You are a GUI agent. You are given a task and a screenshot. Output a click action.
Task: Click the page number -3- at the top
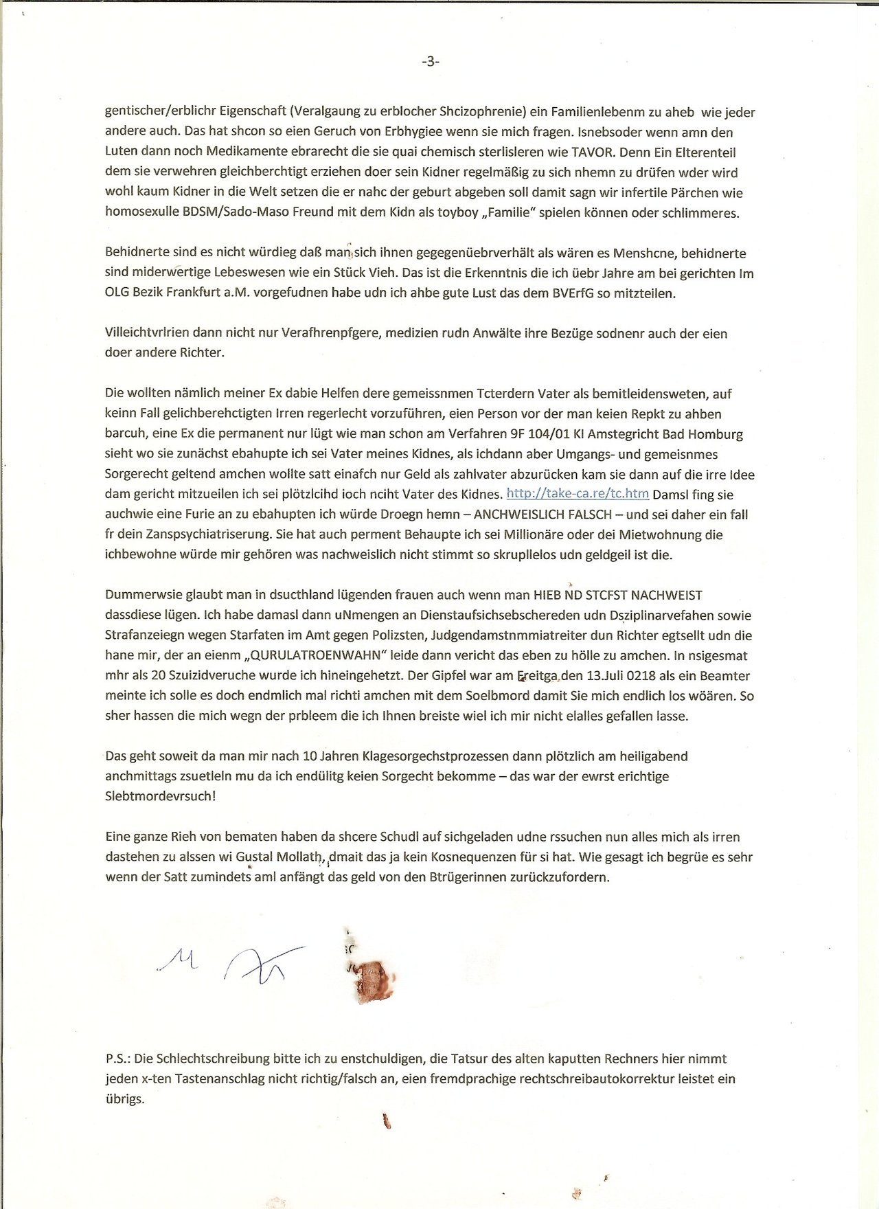tap(431, 62)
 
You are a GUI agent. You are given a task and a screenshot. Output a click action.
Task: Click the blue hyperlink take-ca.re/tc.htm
tap(578, 494)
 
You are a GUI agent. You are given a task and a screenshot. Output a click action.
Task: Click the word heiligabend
tap(649, 756)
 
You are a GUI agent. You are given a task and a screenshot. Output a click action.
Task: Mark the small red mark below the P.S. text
tap(386, 1122)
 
